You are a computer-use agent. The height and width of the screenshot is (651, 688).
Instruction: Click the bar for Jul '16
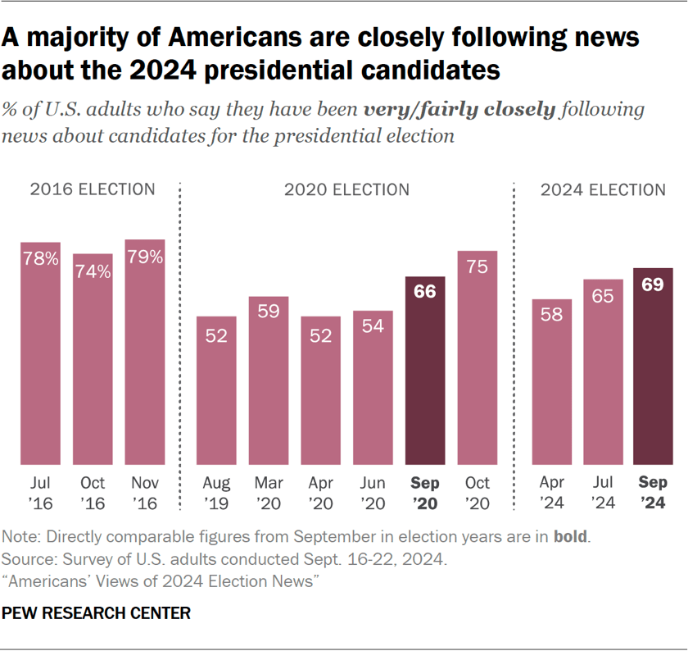40,353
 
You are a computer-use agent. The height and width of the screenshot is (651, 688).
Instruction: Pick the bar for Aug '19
216,390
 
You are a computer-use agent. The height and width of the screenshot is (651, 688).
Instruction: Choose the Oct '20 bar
478,357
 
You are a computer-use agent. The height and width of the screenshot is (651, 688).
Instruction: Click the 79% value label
145,257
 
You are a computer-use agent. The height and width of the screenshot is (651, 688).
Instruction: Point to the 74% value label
93,271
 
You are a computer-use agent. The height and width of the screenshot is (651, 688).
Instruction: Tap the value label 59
269,312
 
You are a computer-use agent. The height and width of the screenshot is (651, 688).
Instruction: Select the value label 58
552,315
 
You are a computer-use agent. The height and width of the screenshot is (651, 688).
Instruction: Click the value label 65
603,296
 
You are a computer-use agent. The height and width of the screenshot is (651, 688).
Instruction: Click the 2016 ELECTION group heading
93,189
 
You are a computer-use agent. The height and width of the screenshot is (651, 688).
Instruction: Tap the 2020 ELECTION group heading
346,189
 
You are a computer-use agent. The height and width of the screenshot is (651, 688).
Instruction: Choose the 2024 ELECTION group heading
603,189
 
